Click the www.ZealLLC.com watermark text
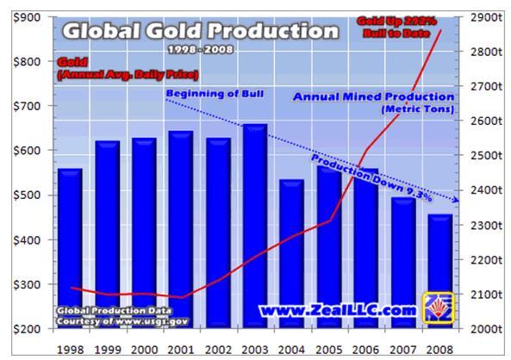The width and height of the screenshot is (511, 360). pyautogui.click(x=337, y=307)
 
